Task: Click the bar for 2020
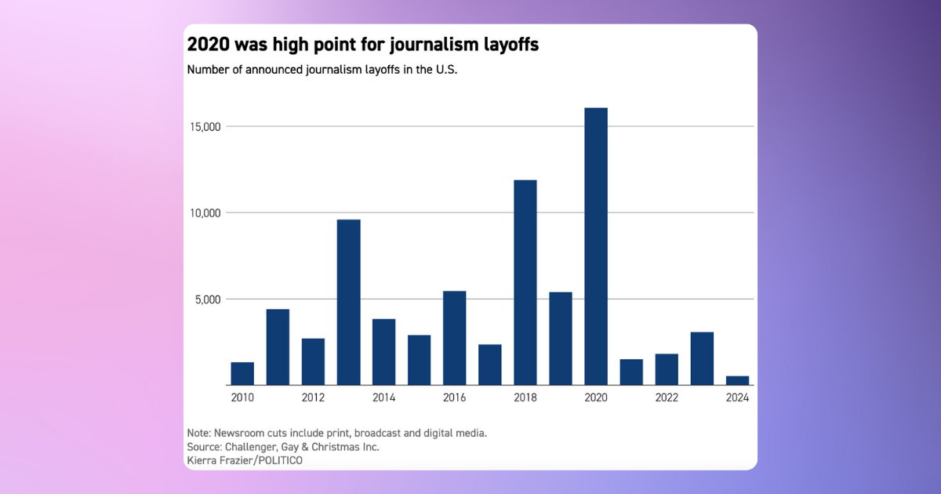tap(596, 246)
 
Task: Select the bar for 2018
tap(525, 282)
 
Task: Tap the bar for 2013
tap(348, 302)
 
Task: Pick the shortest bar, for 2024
tap(737, 380)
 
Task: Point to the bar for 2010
tap(242, 373)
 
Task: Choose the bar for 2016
tap(454, 338)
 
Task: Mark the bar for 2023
tap(702, 358)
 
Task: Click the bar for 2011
tap(278, 347)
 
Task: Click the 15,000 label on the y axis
tap(205, 126)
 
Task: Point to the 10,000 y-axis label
tap(205, 212)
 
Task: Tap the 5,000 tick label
tap(209, 299)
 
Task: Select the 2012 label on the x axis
tap(313, 398)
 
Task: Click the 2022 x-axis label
tap(667, 398)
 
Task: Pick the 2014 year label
tap(383, 398)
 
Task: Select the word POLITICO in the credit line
tap(276, 460)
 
